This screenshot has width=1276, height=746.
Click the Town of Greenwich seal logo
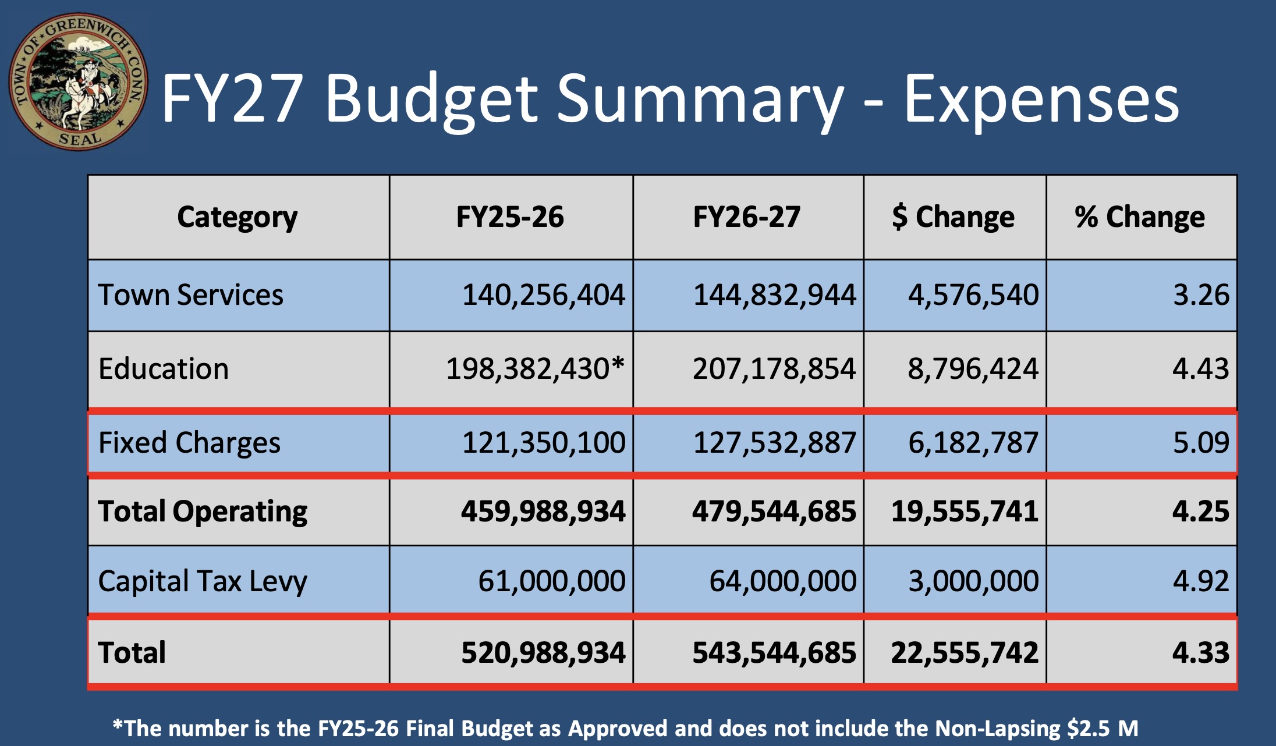pos(78,82)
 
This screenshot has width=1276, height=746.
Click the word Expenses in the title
pos(1041,99)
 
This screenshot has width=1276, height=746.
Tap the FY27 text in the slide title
pos(232,99)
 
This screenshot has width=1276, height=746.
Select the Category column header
pos(237,217)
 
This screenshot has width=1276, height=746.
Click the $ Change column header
pos(953,217)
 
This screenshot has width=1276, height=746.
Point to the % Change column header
pos(1139,217)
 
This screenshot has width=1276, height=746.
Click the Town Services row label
pos(190,294)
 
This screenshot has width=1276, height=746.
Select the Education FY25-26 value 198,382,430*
pos(534,369)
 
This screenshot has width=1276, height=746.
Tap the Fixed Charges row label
pos(189,443)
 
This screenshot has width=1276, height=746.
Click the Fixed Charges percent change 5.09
pos(1200,443)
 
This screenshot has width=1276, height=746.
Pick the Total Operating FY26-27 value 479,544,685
pos(774,511)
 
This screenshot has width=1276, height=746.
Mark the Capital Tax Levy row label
pos(202,581)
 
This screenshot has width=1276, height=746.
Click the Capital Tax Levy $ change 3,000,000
pos(973,581)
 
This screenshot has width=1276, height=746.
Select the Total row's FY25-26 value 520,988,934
pos(543,652)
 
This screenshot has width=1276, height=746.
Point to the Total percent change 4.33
pos(1200,652)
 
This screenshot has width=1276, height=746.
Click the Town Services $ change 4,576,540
pos(973,294)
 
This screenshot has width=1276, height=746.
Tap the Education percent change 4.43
pos(1200,369)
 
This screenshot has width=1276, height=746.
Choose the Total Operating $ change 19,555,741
pos(965,511)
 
